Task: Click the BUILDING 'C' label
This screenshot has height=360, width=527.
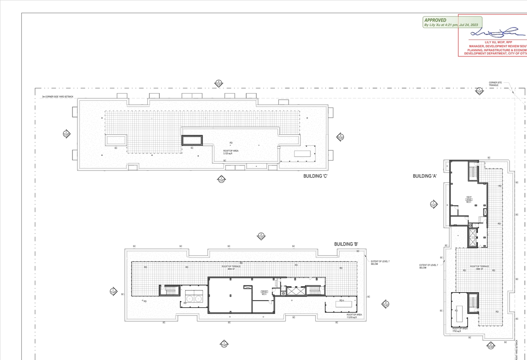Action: tap(315, 176)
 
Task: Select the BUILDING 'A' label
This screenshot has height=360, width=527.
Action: tap(425, 176)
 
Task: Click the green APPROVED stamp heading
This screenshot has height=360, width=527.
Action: tap(436, 20)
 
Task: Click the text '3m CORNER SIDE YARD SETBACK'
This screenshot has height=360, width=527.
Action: tap(58, 97)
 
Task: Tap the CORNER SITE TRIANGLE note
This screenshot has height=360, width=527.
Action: tap(495, 84)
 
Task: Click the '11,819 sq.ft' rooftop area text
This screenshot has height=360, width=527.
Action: tap(354, 316)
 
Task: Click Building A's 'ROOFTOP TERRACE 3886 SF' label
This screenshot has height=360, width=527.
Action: tap(479, 268)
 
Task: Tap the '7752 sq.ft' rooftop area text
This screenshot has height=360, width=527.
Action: tap(460, 330)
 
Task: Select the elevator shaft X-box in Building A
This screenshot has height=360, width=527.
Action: tap(472, 237)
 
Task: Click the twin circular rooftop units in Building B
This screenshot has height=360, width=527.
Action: tap(194, 298)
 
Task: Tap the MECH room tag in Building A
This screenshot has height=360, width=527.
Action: tap(469, 200)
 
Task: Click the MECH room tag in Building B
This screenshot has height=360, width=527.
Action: tap(264, 293)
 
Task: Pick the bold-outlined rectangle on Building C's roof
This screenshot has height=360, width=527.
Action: tap(192, 140)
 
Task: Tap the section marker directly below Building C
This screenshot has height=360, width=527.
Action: tap(221, 179)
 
